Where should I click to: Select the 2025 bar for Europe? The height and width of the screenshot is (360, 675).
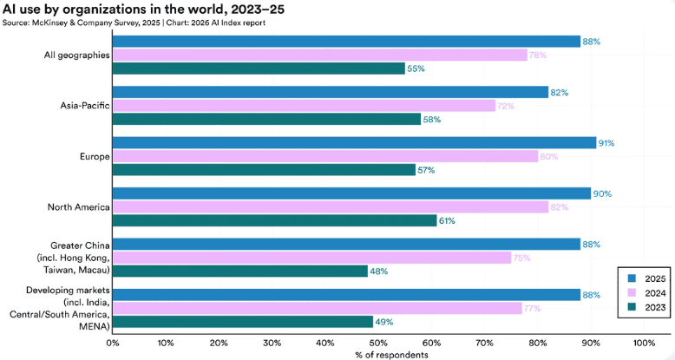(x=354, y=143)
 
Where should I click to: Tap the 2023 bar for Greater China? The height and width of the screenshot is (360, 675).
(x=240, y=271)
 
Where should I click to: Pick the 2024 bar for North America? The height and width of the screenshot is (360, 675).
(x=330, y=207)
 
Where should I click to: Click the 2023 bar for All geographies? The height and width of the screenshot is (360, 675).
(x=259, y=69)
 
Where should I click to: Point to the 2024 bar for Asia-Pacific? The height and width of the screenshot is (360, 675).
(x=304, y=106)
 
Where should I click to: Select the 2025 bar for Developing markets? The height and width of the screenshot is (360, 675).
(x=346, y=295)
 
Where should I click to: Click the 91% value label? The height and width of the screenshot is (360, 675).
(x=609, y=143)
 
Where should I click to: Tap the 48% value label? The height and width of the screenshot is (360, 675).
(x=381, y=271)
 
